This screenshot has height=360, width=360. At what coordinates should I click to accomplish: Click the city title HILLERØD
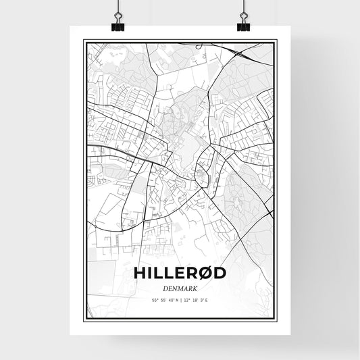point(179,273)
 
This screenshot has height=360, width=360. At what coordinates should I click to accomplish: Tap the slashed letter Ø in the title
point(207,273)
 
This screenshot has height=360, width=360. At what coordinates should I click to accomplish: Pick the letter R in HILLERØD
point(192,273)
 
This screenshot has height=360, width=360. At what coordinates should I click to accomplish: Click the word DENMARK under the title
point(179,288)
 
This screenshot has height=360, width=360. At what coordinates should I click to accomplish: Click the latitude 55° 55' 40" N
point(162,300)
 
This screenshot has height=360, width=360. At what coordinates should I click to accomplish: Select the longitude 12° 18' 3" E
point(197,300)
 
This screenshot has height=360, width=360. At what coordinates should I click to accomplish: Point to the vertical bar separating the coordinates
point(180,300)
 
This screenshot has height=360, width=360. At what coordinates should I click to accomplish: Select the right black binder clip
point(243,26)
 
